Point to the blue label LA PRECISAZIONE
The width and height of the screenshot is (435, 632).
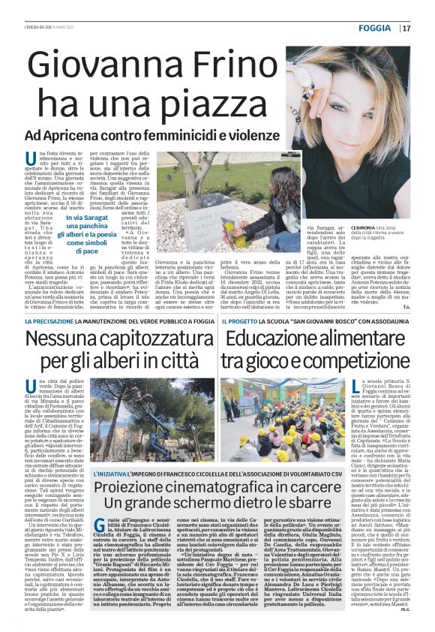(48, 322)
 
